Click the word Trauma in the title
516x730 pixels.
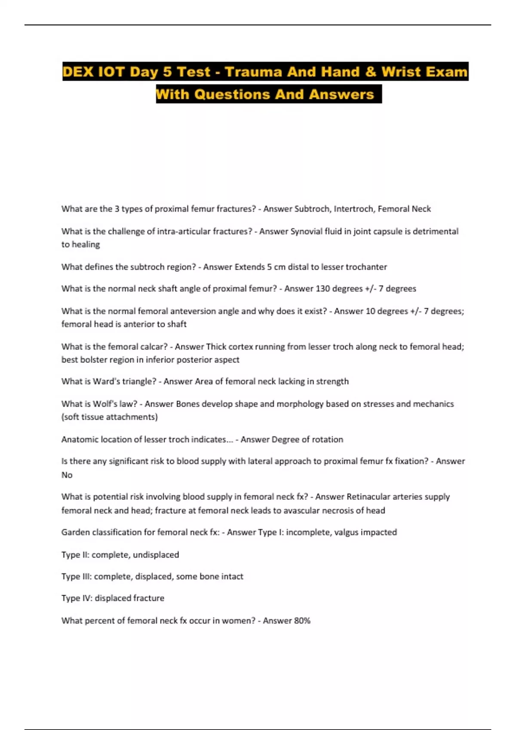[254, 72]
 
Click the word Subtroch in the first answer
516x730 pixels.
[312, 209]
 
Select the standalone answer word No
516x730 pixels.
[67, 475]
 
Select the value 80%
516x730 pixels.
[301, 620]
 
